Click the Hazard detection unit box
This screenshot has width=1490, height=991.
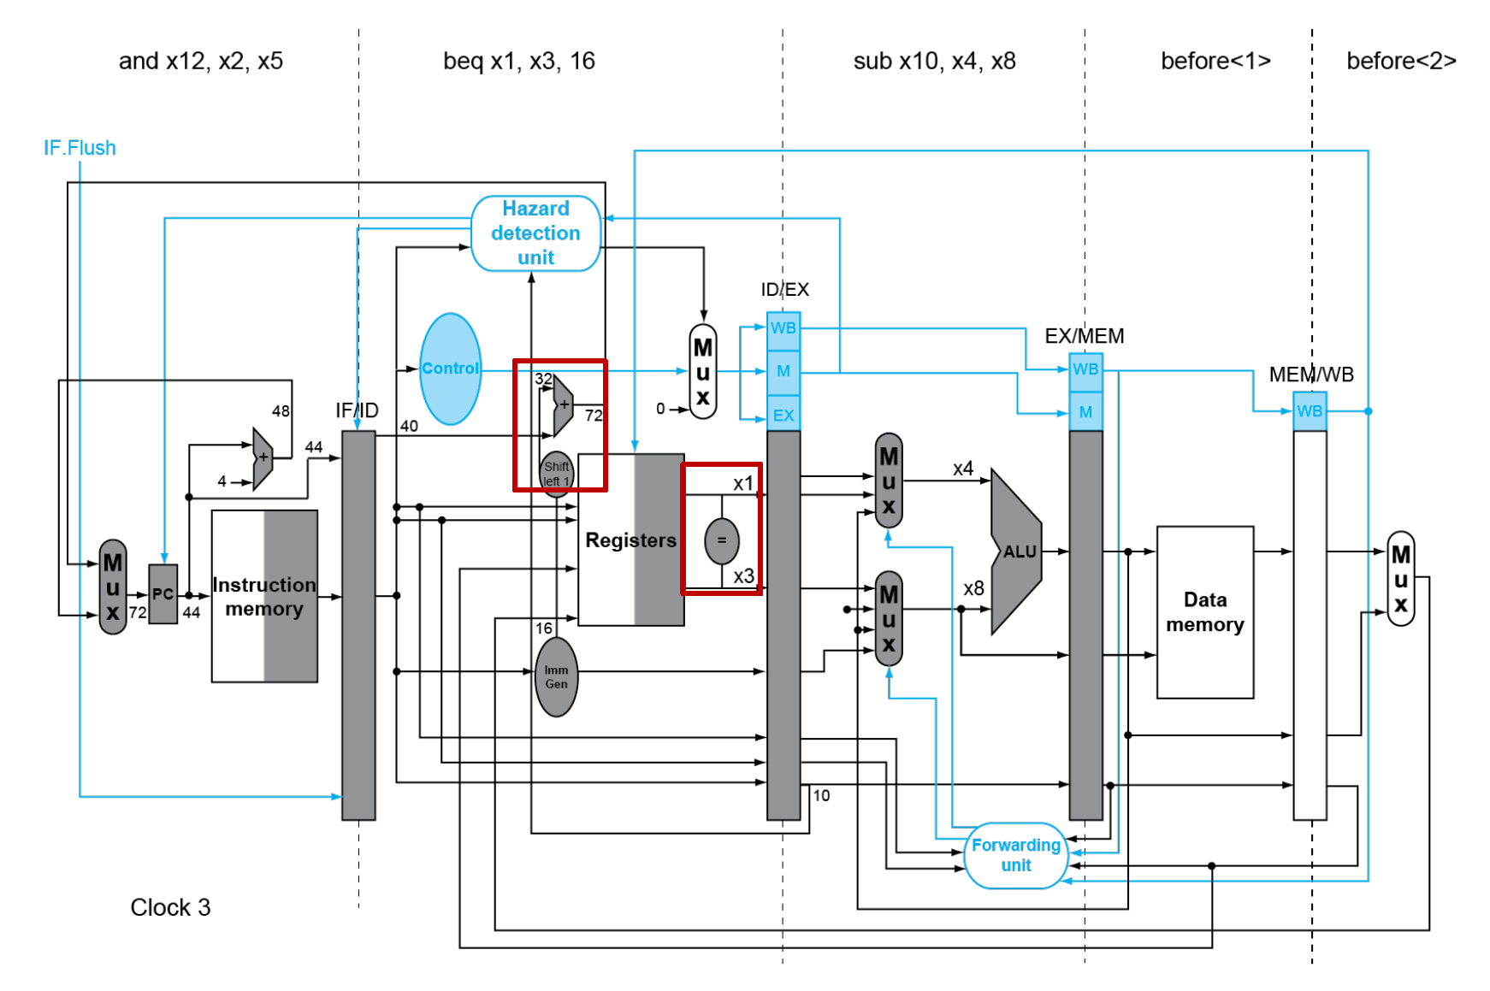[x=535, y=233]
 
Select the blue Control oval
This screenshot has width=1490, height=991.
[x=450, y=369]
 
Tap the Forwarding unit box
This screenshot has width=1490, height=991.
[x=1015, y=855]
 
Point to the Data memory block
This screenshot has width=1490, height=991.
[x=1204, y=612]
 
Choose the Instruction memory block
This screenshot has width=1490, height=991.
[x=264, y=596]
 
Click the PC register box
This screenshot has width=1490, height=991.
[x=163, y=593]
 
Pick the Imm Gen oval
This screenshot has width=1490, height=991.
[x=556, y=677]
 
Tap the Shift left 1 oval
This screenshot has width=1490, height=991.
[x=556, y=473]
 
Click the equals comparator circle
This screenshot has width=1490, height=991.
[x=721, y=540]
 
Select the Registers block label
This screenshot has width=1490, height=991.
[x=630, y=540]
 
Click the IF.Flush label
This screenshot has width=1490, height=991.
[x=80, y=148]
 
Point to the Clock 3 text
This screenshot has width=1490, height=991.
[x=170, y=907]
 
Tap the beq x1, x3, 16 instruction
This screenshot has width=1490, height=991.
[x=518, y=62]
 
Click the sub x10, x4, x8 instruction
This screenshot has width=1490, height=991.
[x=934, y=62]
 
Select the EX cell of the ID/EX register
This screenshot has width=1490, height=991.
[x=783, y=416]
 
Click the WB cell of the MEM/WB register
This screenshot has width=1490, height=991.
[x=1310, y=411]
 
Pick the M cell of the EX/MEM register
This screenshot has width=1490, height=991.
[x=1085, y=412]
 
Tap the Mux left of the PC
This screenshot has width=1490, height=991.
[x=113, y=587]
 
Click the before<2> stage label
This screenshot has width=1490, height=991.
[x=1401, y=62]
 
